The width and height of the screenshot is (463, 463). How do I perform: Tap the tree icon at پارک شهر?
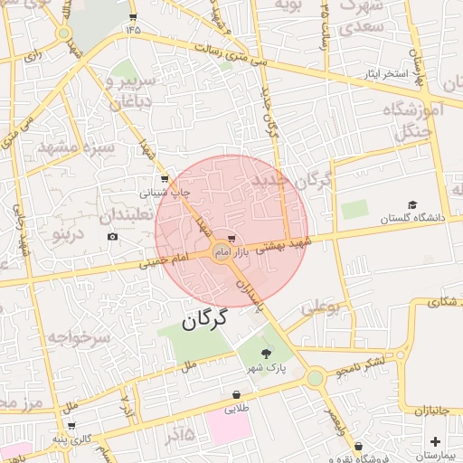(x=266, y=354)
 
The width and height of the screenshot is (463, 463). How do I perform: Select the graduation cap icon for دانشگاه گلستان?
(x=413, y=205)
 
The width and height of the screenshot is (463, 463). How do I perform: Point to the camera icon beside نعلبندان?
(x=112, y=237)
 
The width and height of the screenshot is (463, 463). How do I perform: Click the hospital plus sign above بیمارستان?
(x=436, y=441)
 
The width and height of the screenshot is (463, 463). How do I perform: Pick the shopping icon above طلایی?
(x=236, y=395)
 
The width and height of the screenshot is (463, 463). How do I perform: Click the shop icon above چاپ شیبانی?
(x=164, y=179)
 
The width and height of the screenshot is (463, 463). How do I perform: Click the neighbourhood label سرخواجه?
(x=79, y=339)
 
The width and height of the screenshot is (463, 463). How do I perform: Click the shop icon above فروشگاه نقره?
(x=359, y=446)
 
